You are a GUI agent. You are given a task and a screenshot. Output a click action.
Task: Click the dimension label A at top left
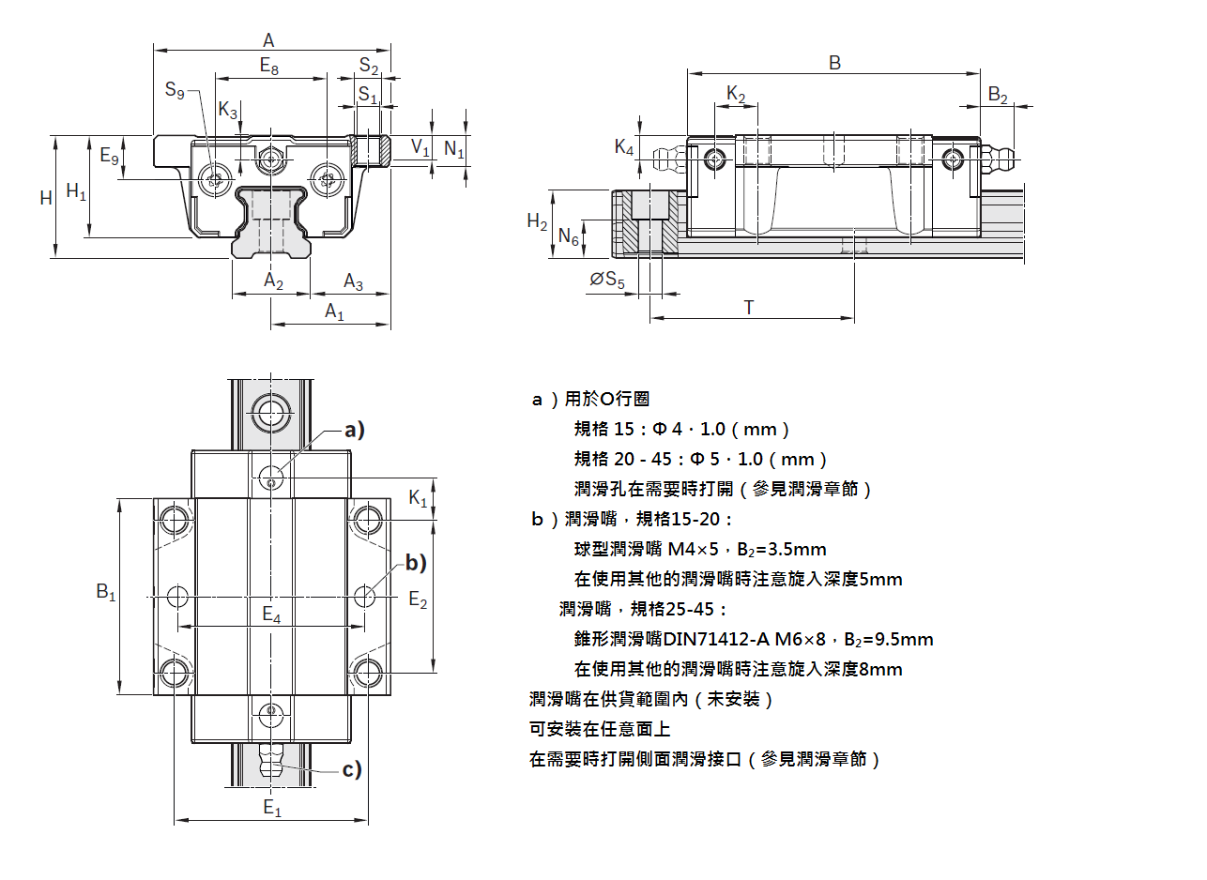(x=268, y=40)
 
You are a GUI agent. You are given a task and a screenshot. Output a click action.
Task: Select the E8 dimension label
(x=268, y=67)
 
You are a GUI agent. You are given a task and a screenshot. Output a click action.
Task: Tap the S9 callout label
(x=175, y=91)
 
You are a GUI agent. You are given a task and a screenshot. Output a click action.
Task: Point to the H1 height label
(x=76, y=193)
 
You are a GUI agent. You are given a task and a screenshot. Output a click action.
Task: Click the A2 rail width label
(x=272, y=281)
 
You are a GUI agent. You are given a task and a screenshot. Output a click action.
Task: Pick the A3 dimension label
(x=353, y=281)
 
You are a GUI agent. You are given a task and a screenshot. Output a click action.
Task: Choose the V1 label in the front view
(x=420, y=147)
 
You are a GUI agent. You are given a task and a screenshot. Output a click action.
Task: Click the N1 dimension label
(x=453, y=147)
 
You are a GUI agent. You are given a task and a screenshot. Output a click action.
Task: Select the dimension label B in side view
(x=834, y=63)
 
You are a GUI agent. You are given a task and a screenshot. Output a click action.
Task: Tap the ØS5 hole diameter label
(x=607, y=279)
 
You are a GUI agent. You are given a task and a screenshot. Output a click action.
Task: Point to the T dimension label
(x=748, y=307)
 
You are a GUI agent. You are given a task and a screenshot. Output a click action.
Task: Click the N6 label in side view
(x=569, y=237)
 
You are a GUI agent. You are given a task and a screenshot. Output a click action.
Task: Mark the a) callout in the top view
(x=353, y=430)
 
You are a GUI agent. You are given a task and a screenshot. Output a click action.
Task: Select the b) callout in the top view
(x=415, y=563)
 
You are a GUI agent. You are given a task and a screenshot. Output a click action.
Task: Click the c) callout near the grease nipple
(x=351, y=770)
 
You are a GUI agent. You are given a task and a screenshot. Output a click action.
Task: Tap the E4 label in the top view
(x=271, y=615)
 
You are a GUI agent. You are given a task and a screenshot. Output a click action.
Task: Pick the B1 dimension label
(x=105, y=593)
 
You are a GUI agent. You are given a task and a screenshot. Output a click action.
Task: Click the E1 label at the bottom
(x=271, y=807)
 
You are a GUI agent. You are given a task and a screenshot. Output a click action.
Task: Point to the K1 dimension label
(x=418, y=499)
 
